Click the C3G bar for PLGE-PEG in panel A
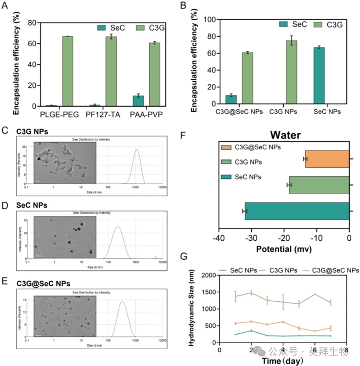[x=68, y=71]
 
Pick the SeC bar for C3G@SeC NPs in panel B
[x=231, y=101]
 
